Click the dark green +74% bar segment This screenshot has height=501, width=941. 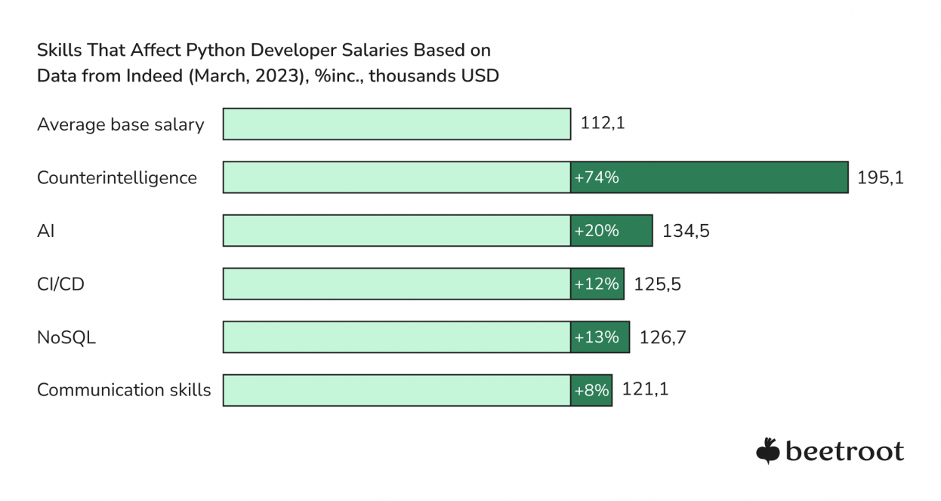coord(709,177)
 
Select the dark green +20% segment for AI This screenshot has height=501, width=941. coord(611,231)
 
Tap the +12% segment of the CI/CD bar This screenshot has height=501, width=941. coord(597,284)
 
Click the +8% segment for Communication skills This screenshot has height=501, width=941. coord(591,390)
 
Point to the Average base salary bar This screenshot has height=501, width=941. coord(396,124)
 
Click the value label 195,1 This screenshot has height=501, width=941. coord(881,178)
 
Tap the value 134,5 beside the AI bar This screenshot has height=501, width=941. coord(686,231)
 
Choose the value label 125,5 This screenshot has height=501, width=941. coord(657,284)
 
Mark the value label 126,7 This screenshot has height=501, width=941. coord(662,337)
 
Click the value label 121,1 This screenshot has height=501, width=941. coord(645,390)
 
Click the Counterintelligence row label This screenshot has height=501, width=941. coord(117,178)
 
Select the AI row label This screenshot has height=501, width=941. coord(45,231)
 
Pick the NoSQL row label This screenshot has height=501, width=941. coord(66,337)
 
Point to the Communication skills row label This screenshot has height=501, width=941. coord(124,390)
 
